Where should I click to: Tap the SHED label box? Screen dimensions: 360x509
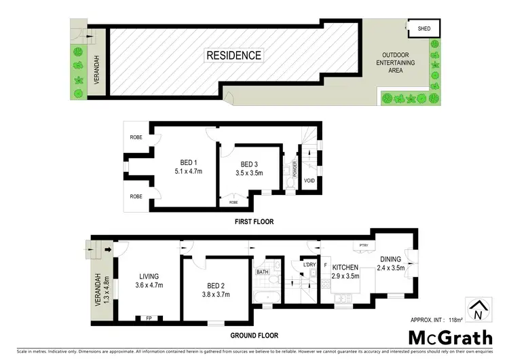click(424, 29)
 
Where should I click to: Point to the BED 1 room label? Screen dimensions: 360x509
click(188, 162)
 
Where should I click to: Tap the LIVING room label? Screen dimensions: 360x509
click(149, 276)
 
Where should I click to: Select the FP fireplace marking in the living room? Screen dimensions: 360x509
click(149, 317)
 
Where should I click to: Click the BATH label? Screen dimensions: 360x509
click(263, 272)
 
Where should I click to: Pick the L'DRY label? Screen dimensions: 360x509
click(310, 264)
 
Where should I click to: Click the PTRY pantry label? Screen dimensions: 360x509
click(363, 246)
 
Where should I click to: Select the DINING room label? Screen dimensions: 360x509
click(391, 259)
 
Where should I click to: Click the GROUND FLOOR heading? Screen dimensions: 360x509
click(254, 336)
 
